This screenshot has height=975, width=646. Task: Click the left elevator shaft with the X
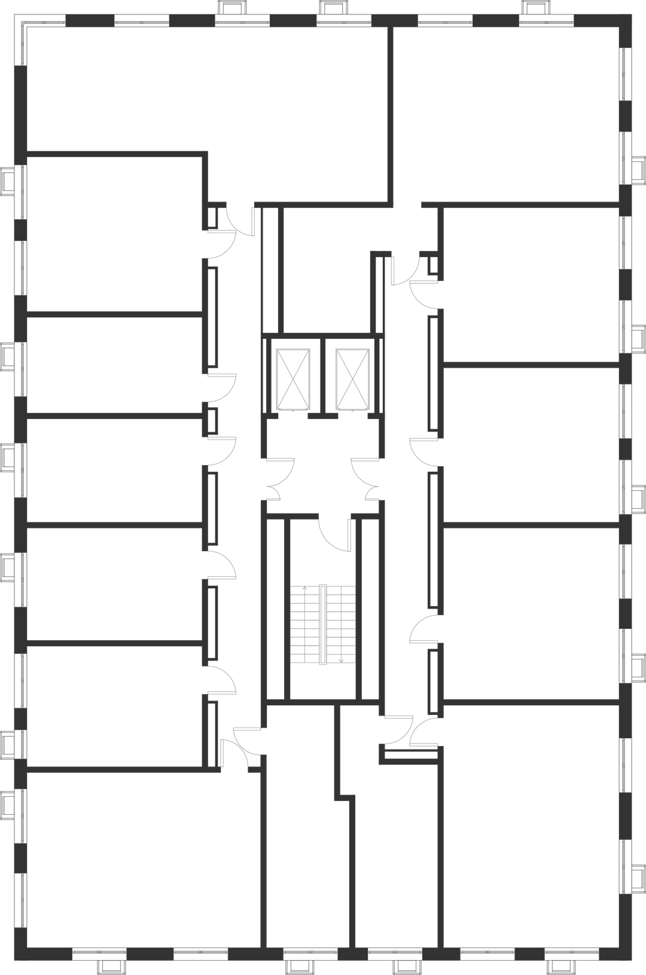292,379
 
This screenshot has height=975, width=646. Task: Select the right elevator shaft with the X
354,379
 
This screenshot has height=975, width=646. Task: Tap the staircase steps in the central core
322,624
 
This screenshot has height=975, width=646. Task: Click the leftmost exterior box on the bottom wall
110,967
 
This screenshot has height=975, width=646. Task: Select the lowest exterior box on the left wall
8,803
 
